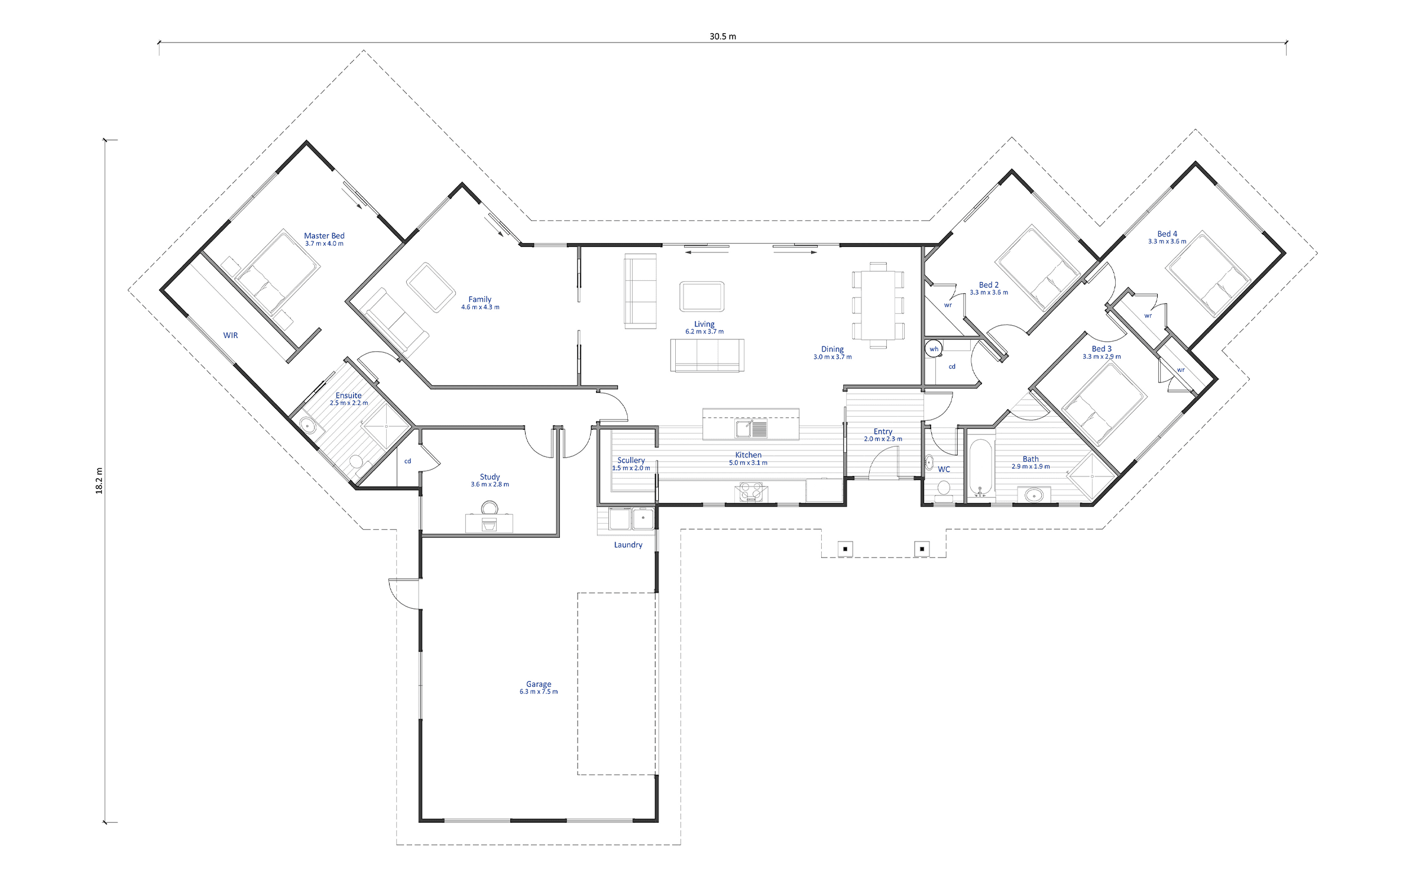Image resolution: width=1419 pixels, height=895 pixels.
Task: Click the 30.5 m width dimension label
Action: click(723, 36)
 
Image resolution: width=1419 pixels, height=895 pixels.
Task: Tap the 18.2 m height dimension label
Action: click(99, 481)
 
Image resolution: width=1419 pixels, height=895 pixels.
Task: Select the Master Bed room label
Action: click(324, 236)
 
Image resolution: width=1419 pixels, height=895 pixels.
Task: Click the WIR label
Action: click(231, 335)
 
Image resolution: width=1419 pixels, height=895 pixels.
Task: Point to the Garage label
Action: click(539, 684)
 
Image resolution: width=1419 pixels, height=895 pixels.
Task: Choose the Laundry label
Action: click(628, 544)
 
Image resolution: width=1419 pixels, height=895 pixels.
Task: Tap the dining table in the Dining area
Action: click(878, 305)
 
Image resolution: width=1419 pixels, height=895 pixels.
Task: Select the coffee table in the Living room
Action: click(702, 296)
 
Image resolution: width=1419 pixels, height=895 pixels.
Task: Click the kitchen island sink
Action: click(751, 429)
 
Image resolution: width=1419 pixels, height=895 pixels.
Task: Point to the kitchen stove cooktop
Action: click(750, 492)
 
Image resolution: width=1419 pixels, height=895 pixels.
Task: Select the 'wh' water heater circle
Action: click(934, 349)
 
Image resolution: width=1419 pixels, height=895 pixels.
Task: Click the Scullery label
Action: click(631, 460)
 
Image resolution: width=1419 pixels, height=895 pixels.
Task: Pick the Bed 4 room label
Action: click(1167, 234)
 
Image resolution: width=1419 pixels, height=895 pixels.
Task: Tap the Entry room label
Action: click(883, 432)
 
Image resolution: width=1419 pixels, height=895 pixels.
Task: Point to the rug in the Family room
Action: click(431, 287)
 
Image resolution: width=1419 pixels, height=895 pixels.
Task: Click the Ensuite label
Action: click(348, 395)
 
